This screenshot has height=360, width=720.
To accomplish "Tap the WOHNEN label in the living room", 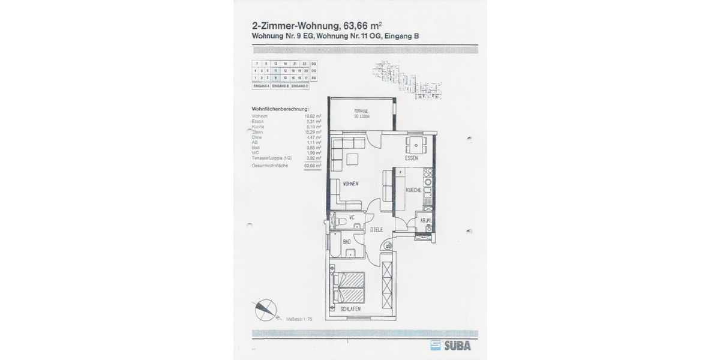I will pos(351,184).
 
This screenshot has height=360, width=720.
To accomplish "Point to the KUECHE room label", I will pos(413,190).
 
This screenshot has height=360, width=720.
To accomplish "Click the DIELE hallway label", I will pos(376,229).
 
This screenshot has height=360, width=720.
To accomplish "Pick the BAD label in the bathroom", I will pos(347,241).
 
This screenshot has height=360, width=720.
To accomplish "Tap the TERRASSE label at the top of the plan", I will pos(360,113).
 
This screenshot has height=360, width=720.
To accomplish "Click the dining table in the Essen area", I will pos(416,145).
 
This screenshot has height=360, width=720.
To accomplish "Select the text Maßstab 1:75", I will pos(299,320).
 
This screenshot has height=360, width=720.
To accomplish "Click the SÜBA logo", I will pos(451,345).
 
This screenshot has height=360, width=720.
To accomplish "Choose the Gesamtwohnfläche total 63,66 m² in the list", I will pos(312,165).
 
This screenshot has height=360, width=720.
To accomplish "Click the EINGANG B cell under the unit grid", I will pos(280,86).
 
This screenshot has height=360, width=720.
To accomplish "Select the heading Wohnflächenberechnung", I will pos(277,109).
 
